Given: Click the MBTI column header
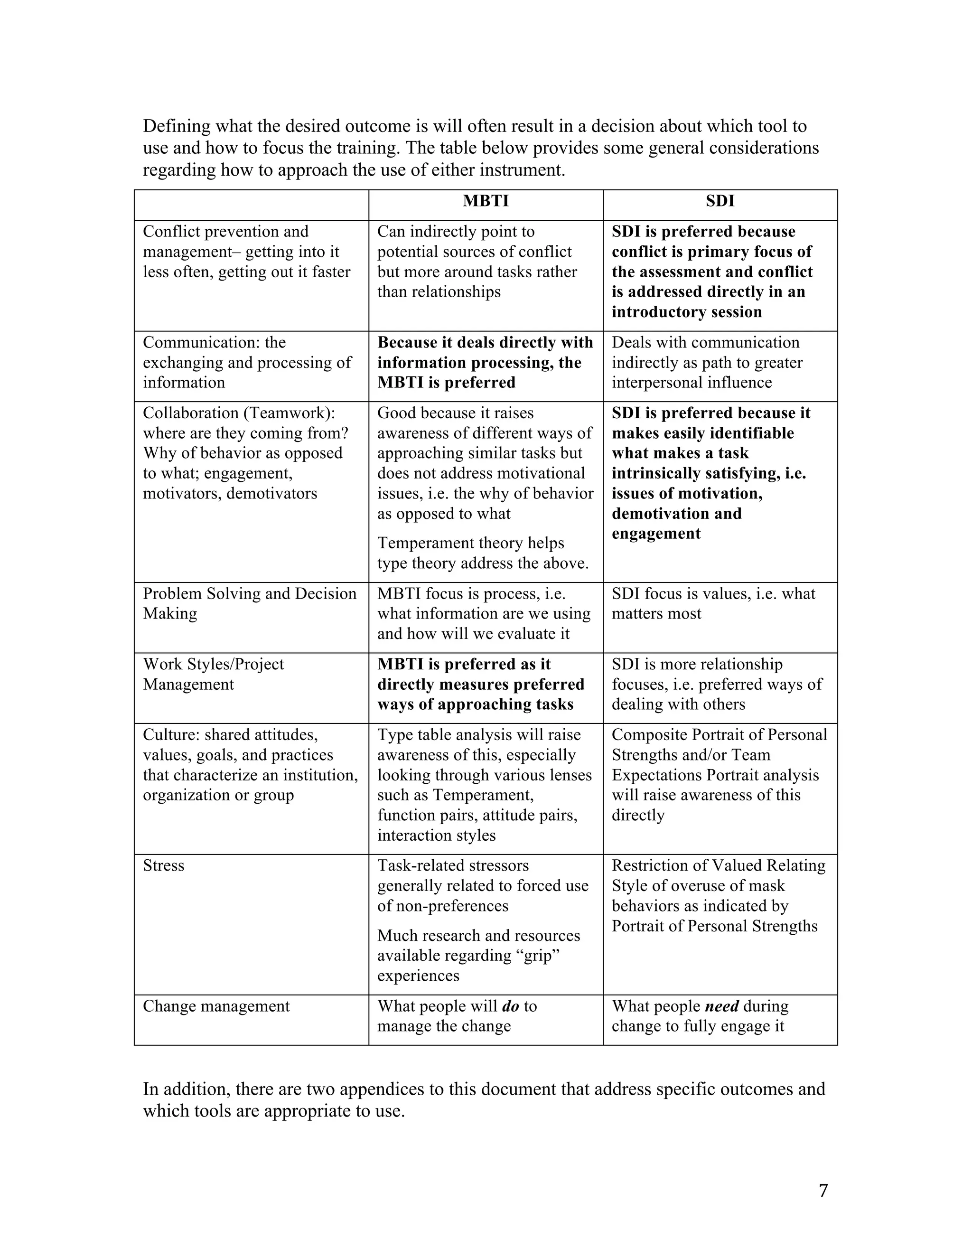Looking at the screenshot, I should pyautogui.click(x=486, y=201).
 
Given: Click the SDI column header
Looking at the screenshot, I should pyautogui.click(x=720, y=201).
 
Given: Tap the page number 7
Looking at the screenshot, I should pyautogui.click(x=823, y=1190).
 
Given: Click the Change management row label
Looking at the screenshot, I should pyautogui.click(x=216, y=1006).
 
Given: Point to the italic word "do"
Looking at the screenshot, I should pyautogui.click(x=511, y=1006).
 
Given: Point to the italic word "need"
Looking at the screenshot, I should pyautogui.click(x=721, y=1006).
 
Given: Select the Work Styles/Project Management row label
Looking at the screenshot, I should pyautogui.click(x=213, y=674).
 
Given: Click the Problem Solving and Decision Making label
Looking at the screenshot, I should pyautogui.click(x=249, y=603).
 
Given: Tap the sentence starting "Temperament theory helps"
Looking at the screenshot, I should pyautogui.click(x=483, y=553).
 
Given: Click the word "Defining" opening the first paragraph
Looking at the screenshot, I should pyautogui.click(x=177, y=126).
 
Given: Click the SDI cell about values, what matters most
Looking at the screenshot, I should pyautogui.click(x=713, y=603).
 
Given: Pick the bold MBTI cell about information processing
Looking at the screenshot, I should pyautogui.click(x=485, y=362).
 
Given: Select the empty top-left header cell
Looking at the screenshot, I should pyautogui.click(x=251, y=205).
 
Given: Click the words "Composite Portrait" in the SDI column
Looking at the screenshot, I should pyautogui.click(x=672, y=735).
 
